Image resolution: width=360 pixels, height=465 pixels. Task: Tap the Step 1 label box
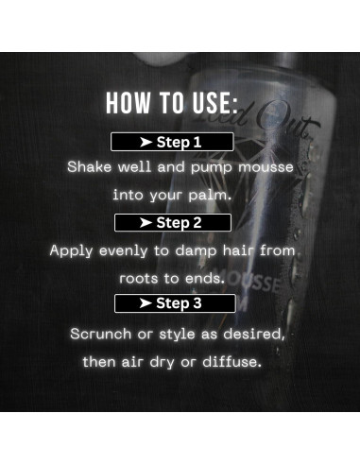point(172,143)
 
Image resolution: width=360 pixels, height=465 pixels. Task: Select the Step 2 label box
point(172,223)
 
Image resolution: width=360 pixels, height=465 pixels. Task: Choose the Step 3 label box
point(172,303)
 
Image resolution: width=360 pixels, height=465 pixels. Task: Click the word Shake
point(88,167)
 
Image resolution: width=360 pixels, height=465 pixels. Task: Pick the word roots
point(140,279)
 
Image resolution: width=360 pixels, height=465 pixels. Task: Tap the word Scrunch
point(102,334)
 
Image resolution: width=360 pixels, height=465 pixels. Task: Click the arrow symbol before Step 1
point(146,143)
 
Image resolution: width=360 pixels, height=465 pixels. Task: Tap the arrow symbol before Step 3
point(146,303)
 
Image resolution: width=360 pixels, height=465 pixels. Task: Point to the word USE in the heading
point(214,102)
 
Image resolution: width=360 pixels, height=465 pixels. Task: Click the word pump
point(194,167)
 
